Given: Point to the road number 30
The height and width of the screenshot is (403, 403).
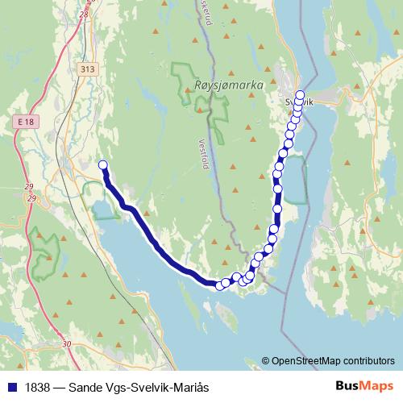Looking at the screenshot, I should point(66,344).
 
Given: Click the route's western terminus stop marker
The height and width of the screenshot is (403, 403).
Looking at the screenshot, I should point(102,166).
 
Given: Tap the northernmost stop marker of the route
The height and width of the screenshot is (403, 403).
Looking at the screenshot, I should point(301,94).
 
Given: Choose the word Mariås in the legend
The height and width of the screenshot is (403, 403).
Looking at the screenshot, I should point(191,387).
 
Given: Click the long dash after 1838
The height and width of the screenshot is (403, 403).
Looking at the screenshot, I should point(58,387).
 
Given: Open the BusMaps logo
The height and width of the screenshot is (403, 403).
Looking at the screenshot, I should point(364,386).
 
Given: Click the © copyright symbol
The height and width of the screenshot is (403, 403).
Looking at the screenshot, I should point(266,361).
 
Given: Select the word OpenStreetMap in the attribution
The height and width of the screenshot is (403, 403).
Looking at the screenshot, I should point(304,361).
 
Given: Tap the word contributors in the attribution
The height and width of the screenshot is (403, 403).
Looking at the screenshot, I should point(367,361).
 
